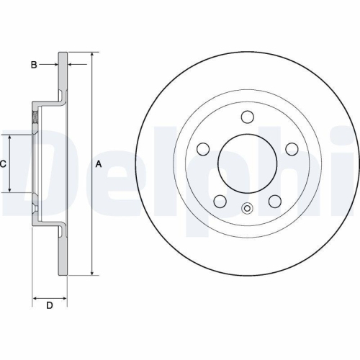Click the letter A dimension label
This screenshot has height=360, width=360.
[99, 164]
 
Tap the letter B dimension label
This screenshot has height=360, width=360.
[33, 66]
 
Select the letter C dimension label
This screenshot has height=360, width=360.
[3, 164]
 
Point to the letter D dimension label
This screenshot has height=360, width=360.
[49, 307]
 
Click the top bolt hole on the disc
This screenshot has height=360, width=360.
[247, 117]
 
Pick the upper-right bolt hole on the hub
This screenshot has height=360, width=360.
[292, 148]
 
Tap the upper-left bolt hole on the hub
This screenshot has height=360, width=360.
[203, 149]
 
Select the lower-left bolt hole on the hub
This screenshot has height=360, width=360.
[220, 202]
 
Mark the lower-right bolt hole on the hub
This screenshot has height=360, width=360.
[274, 202]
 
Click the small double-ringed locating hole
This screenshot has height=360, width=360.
[247, 210]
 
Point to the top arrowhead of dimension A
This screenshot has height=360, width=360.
[91, 55]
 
